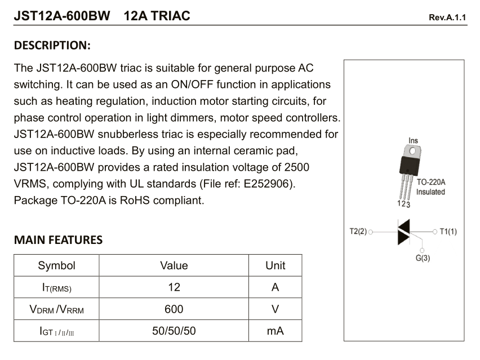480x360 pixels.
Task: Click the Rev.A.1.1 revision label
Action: pos(448,17)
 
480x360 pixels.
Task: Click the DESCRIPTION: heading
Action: pos(52,45)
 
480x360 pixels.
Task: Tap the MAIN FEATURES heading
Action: pos(58,240)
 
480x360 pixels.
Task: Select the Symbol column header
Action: pos(56,265)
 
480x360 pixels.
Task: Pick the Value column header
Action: pos(174,265)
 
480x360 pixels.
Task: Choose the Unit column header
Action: pos(275,265)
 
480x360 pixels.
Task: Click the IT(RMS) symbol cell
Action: pos(56,288)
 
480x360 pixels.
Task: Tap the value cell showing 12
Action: pos(174,287)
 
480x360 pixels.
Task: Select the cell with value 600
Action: pos(174,309)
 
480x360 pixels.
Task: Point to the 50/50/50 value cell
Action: pos(174,331)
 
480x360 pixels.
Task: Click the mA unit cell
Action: pos(275,331)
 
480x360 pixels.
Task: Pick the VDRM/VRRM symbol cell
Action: pos(56,309)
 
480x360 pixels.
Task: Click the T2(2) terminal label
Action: pos(358,231)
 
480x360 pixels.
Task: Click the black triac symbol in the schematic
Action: pos(404,231)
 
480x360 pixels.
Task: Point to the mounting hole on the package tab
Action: pos(414,152)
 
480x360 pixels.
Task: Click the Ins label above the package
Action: pos(414,140)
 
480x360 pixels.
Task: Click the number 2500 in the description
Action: pos(296,168)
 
